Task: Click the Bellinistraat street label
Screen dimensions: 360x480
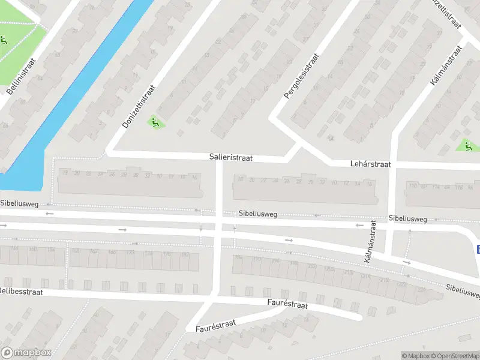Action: click(22, 76)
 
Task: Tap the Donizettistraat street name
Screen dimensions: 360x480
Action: click(139, 106)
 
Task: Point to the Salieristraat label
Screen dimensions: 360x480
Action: click(231, 158)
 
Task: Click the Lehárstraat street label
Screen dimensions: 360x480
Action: click(370, 164)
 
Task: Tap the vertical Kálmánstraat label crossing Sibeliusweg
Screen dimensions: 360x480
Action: click(370, 242)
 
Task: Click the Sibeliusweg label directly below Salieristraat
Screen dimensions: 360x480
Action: click(257, 214)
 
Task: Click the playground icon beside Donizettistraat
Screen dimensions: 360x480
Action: click(155, 122)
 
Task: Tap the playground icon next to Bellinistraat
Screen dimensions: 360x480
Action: click(4, 41)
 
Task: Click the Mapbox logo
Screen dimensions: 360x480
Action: click(26, 353)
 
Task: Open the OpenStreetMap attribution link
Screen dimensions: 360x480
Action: click(452, 356)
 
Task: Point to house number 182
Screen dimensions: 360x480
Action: click(184, 255)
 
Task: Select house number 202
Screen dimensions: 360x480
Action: click(311, 265)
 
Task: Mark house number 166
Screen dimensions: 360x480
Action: click(112, 252)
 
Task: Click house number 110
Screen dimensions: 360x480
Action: click(412, 187)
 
